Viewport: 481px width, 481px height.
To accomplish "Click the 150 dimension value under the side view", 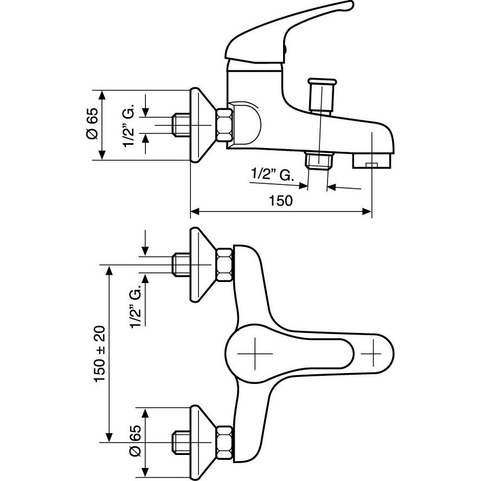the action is coord(281,201).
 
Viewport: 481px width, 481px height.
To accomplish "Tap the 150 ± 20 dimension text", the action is coord(100,354).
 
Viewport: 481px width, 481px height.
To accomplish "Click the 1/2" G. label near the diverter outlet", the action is coord(273,174).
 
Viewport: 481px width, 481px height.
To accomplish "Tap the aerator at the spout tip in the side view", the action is coord(371,161).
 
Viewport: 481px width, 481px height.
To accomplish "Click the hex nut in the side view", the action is coord(225,125).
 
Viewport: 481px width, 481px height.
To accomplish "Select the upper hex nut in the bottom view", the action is coord(225,265).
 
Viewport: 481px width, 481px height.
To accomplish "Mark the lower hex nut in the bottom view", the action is coord(225,442).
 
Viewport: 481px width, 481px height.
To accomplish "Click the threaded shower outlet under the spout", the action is coord(319,160).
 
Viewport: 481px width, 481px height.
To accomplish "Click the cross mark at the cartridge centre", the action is coord(255,354).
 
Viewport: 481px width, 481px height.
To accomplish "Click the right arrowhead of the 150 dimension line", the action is coord(367,211).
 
